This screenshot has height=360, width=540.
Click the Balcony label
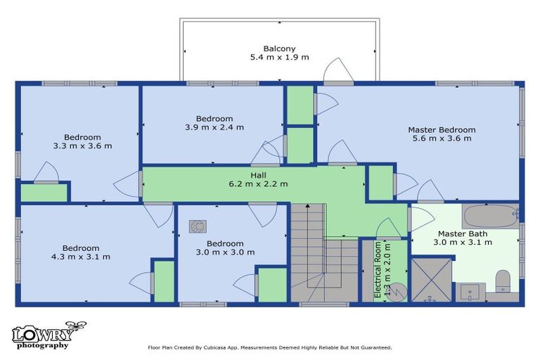tap(279, 49)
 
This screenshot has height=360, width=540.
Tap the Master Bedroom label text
tap(442, 130)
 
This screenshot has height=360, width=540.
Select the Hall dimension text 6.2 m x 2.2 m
tap(258, 184)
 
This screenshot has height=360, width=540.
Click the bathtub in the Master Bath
tap(490, 216)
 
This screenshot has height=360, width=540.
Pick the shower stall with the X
tap(432, 280)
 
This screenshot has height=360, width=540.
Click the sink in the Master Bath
tap(470, 292)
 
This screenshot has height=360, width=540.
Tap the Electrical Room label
tap(378, 270)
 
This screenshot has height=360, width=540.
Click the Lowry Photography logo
tap(49, 335)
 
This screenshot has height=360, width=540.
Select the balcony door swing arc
tap(339, 69)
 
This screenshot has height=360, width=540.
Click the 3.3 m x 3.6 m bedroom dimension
tap(83, 146)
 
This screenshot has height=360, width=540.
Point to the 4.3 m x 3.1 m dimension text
tap(81, 257)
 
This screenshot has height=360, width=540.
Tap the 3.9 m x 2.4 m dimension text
tap(214, 127)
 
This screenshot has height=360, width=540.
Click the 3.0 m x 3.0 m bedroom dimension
tap(225, 252)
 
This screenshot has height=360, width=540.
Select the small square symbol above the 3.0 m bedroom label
tap(198, 226)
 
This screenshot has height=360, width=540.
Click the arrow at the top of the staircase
tap(307, 206)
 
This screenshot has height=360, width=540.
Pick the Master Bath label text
tap(463, 233)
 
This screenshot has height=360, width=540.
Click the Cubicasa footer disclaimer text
tap(270, 347)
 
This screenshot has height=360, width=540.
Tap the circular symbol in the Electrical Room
tap(398, 292)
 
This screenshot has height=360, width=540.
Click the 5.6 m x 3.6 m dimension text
tap(442, 139)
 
